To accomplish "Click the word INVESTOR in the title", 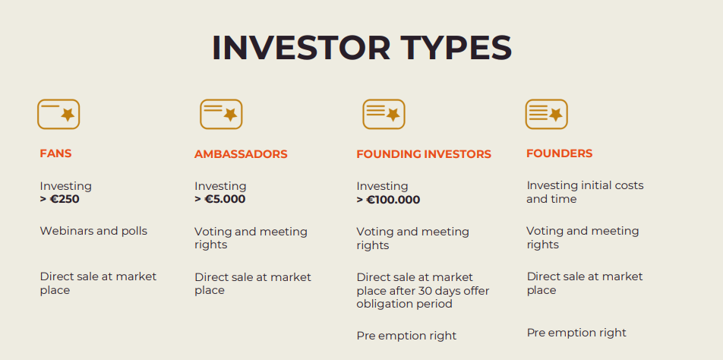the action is [x=301, y=48].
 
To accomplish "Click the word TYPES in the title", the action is [x=456, y=48].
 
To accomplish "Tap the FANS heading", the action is [x=55, y=153].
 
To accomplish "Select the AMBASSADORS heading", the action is [x=241, y=154].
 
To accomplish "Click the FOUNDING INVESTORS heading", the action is [x=424, y=154].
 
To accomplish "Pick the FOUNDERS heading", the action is [x=559, y=153].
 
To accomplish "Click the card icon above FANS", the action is [x=58, y=115].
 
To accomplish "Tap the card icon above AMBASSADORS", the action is [x=221, y=115].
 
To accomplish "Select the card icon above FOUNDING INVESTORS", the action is [x=384, y=115].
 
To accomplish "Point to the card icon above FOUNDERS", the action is [x=546, y=115].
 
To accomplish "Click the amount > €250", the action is [x=59, y=199].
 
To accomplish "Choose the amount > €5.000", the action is [x=220, y=199].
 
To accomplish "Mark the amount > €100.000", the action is [x=388, y=200].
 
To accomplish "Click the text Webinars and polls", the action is [x=93, y=231].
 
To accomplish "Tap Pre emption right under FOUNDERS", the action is [x=576, y=333].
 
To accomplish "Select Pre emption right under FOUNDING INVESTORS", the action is [x=406, y=336].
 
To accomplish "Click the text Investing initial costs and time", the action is [x=585, y=192].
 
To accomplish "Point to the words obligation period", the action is [x=404, y=305].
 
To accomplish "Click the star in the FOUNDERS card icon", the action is [x=556, y=115].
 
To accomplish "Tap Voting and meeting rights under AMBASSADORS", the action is [x=251, y=238].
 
